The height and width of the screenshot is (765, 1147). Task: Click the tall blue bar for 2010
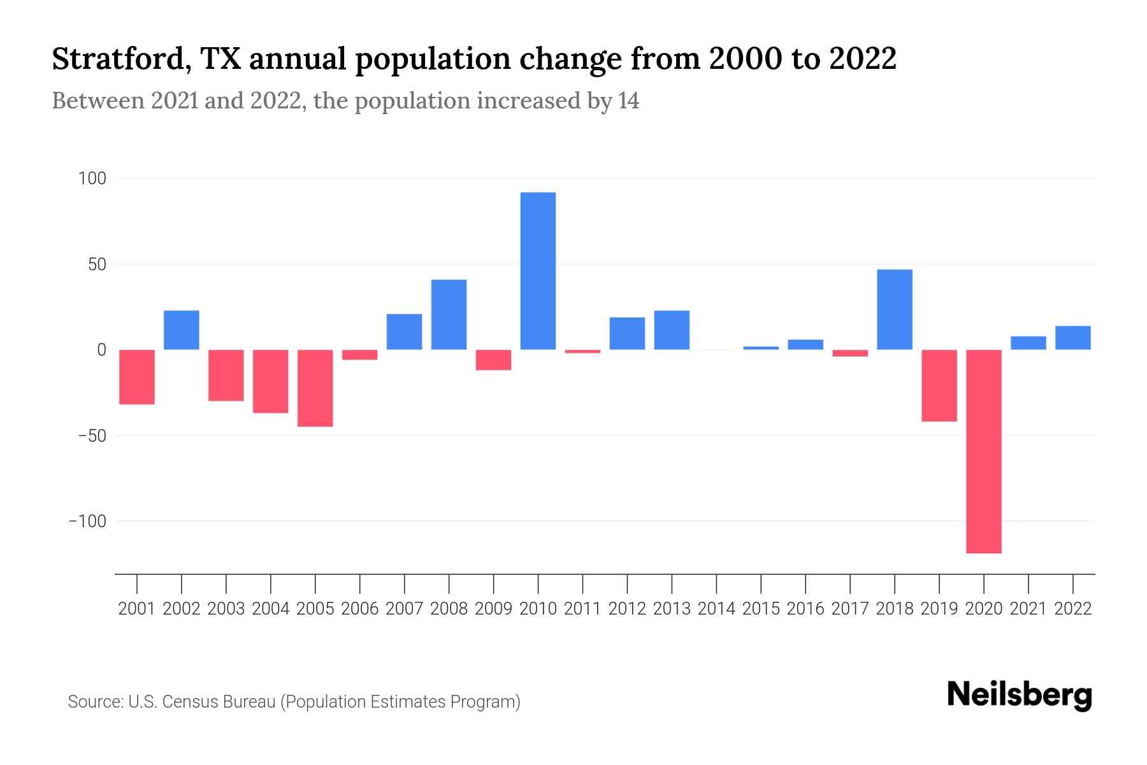(x=538, y=271)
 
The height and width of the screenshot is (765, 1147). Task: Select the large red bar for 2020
(x=984, y=451)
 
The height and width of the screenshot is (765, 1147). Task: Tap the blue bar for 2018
(x=895, y=310)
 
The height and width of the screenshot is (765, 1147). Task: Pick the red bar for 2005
(x=315, y=388)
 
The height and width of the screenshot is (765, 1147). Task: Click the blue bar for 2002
(x=182, y=330)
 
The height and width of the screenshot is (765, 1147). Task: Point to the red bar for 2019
(x=939, y=385)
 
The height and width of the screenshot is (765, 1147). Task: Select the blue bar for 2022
(x=1073, y=338)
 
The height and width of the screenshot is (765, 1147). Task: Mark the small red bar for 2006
(x=360, y=354)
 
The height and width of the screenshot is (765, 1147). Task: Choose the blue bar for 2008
(x=449, y=315)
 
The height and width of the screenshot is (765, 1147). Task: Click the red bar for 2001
(x=137, y=377)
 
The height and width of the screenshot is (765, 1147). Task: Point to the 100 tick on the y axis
(x=92, y=178)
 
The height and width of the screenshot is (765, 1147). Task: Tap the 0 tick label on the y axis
(x=101, y=350)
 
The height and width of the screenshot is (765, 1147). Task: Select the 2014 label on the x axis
(x=716, y=609)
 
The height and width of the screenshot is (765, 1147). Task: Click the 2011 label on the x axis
(x=582, y=609)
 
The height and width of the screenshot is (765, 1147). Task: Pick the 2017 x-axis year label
(x=850, y=609)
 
